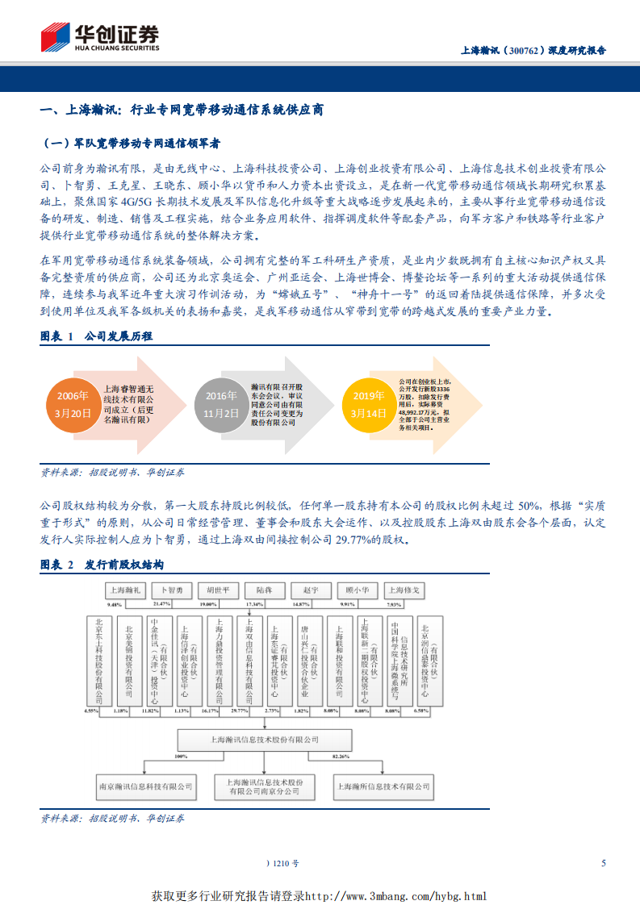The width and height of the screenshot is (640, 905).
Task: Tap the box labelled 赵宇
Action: [x=310, y=590]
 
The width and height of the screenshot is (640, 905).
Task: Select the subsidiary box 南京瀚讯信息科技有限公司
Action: [x=145, y=785]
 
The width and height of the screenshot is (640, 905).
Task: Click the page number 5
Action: [x=603, y=863]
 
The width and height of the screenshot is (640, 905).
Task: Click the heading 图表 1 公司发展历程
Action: [x=96, y=336]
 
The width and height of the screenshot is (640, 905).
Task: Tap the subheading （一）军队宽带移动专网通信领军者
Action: [x=131, y=143]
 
